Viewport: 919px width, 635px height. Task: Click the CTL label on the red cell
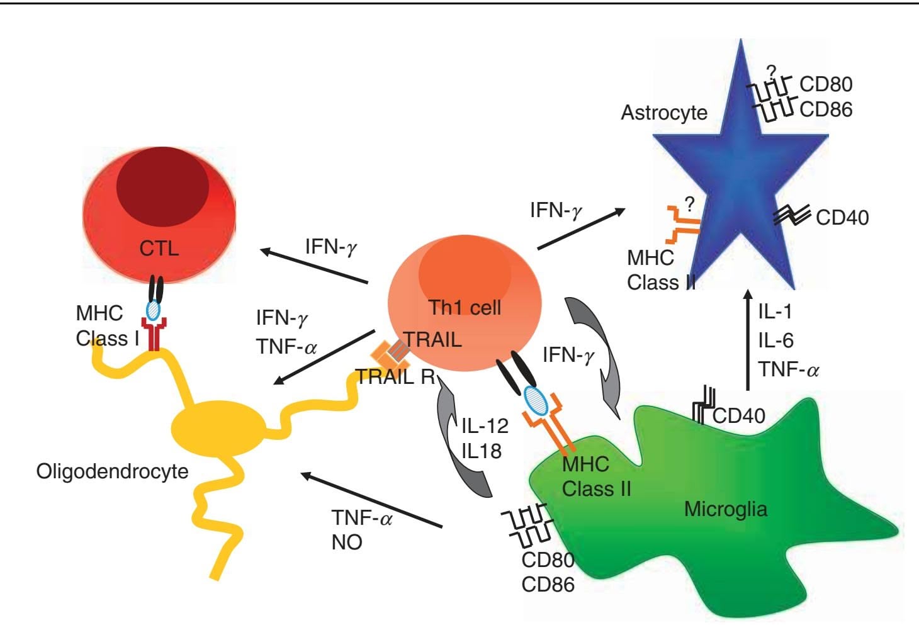point(159,248)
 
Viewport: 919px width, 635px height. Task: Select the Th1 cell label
point(465,307)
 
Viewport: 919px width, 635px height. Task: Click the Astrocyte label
point(664,113)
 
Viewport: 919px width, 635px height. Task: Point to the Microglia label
point(725,509)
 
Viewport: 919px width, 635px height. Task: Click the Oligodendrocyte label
point(112,471)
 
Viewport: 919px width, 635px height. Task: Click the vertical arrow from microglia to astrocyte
point(748,340)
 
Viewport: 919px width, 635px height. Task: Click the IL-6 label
point(775,340)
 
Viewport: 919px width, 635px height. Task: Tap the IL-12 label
point(485,426)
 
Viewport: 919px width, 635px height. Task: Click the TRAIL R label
point(395,377)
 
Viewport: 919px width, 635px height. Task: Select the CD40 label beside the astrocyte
point(842,218)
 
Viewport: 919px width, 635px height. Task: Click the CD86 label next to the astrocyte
point(826,110)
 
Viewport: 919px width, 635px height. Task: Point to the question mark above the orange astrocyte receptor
point(689,204)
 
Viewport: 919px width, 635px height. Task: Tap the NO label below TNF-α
point(347,542)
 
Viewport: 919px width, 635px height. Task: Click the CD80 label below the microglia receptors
point(548,559)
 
